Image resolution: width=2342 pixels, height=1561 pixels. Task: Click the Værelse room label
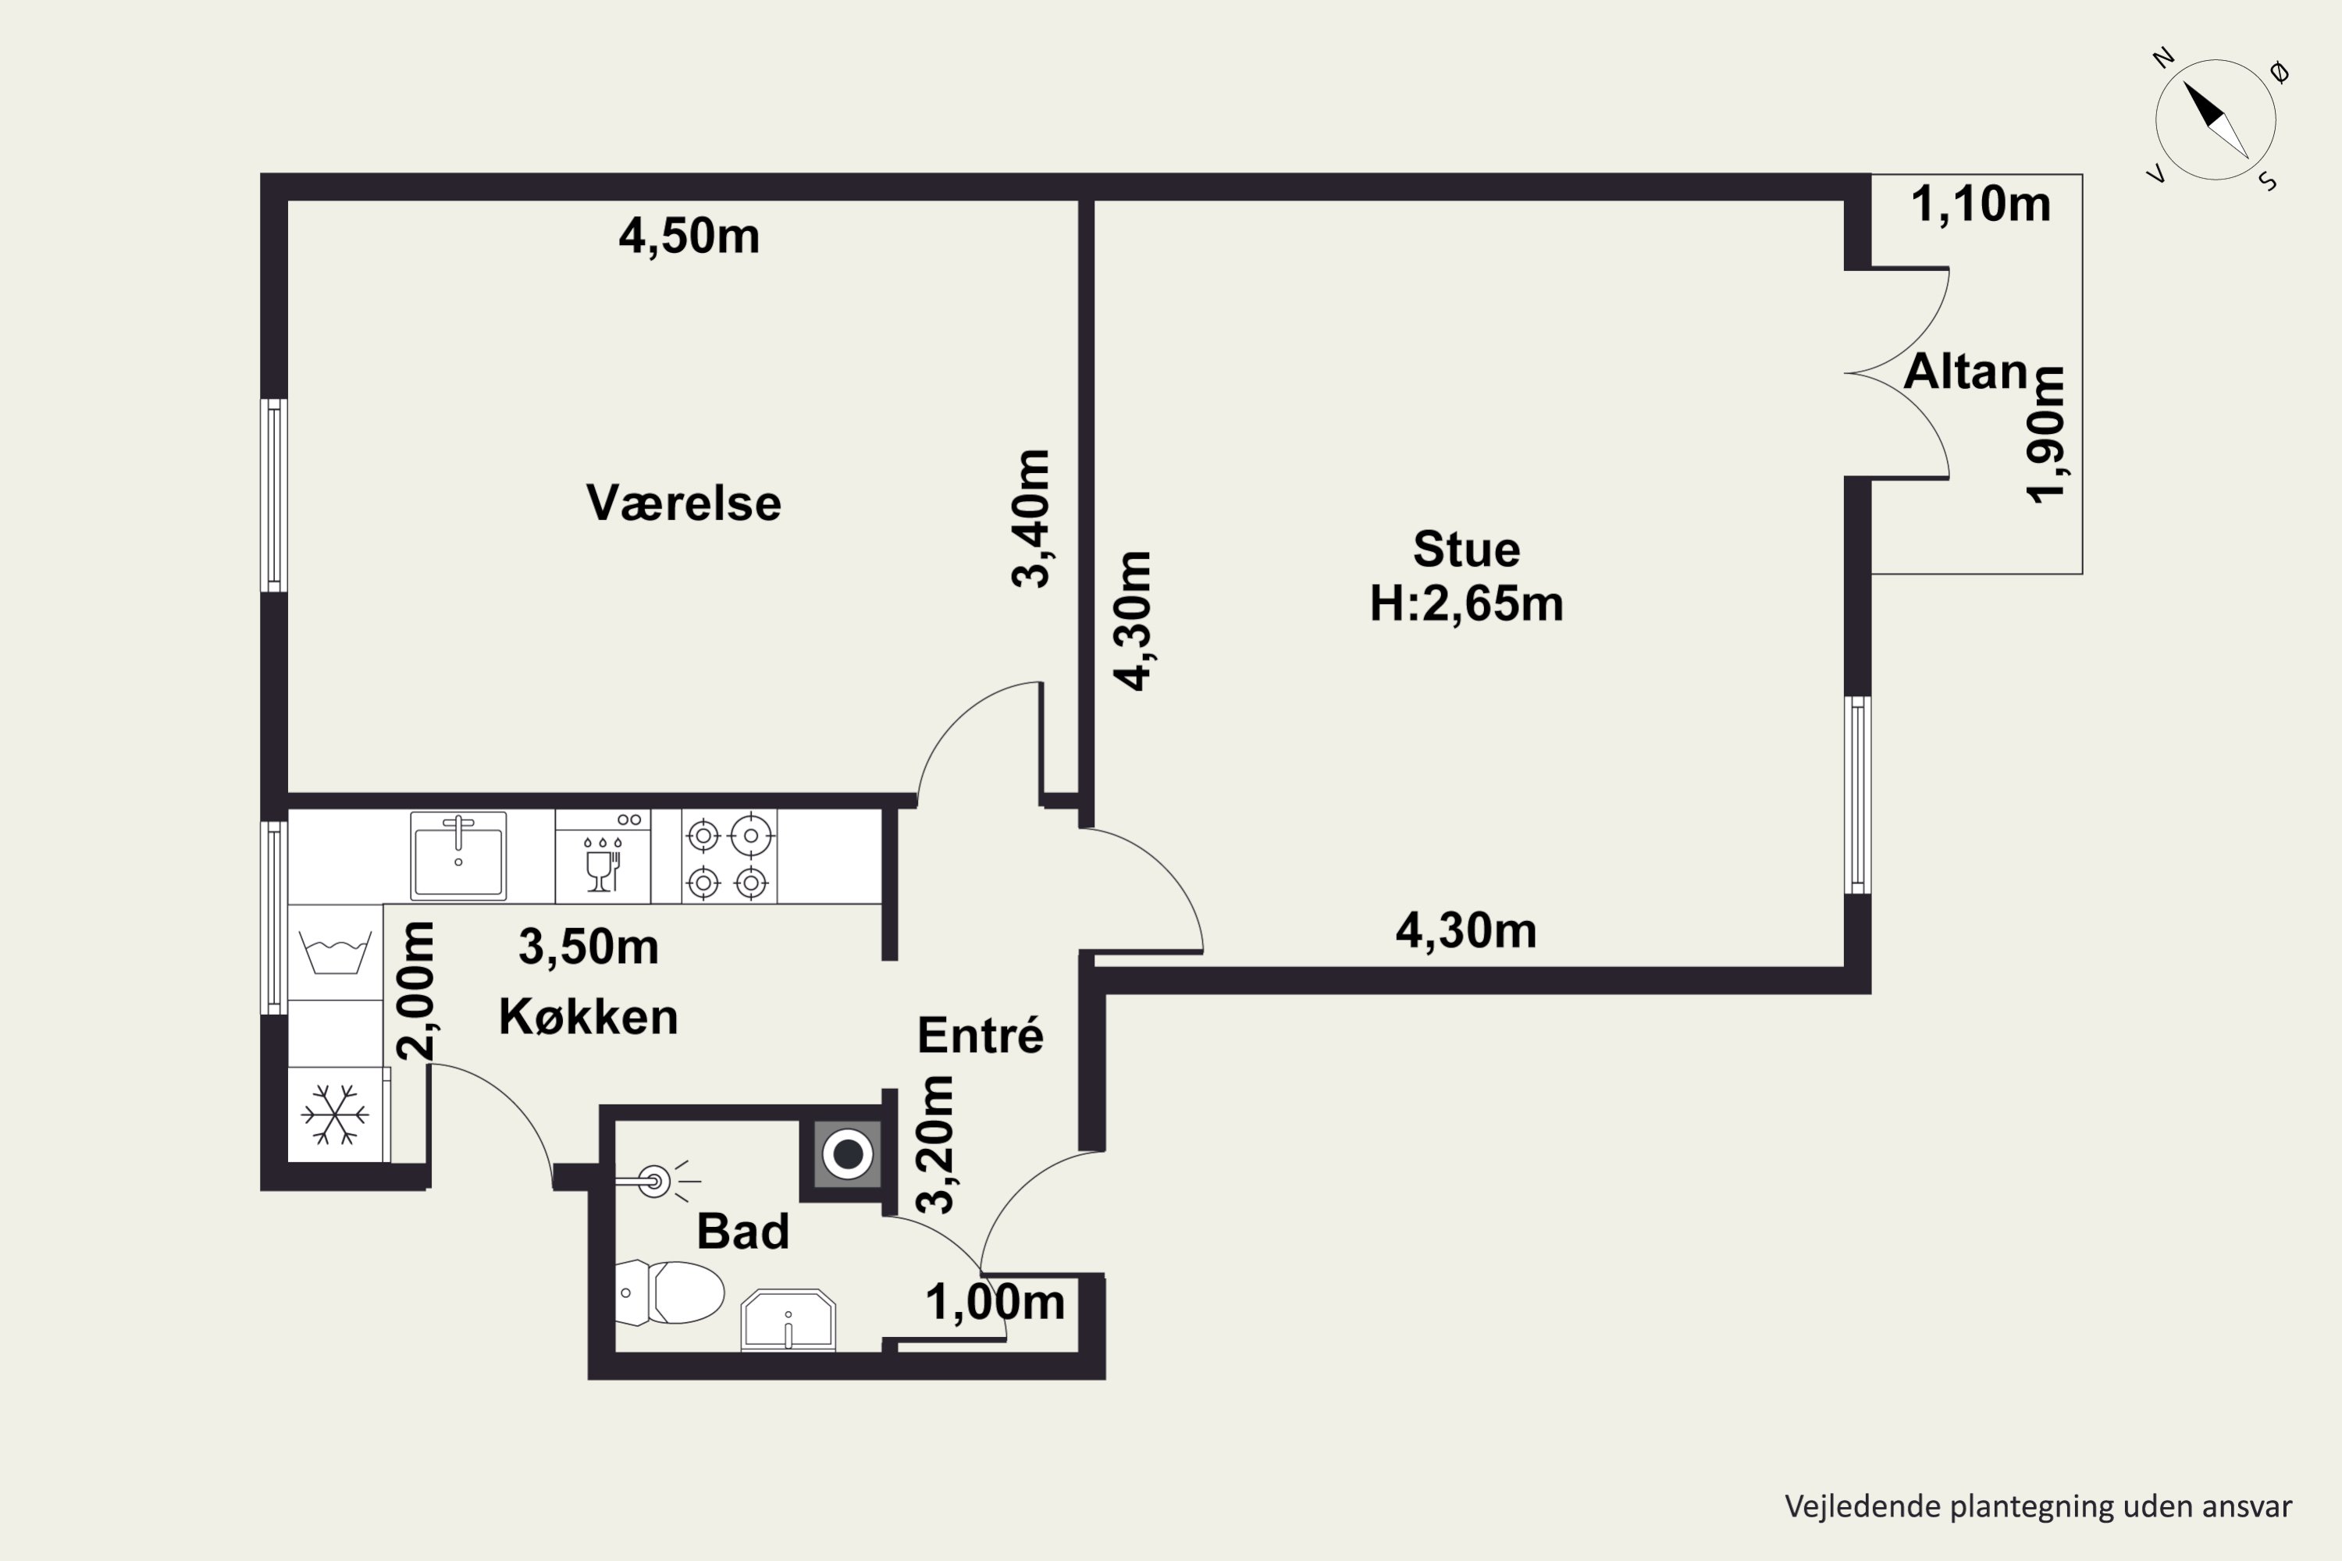(x=683, y=503)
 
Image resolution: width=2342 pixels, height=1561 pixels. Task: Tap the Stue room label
(x=1467, y=549)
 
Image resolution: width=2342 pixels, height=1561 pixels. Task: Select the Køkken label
(x=589, y=1016)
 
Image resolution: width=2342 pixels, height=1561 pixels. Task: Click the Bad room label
(x=743, y=1232)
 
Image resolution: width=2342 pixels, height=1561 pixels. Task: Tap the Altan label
(x=1966, y=372)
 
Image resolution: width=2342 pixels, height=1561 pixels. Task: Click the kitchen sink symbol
(x=458, y=855)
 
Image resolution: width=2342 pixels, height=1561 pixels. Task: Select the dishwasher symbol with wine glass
(x=603, y=856)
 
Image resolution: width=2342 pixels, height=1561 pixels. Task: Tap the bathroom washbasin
(x=788, y=1320)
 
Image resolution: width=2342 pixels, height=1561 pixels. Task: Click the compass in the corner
(x=2216, y=120)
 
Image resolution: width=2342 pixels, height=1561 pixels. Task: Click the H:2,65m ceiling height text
(x=1467, y=603)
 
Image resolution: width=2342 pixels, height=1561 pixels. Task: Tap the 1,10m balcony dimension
(x=1981, y=204)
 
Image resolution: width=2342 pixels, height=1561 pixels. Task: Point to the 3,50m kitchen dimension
(x=589, y=947)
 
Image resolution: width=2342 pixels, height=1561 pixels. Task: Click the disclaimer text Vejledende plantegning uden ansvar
(x=2038, y=1506)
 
